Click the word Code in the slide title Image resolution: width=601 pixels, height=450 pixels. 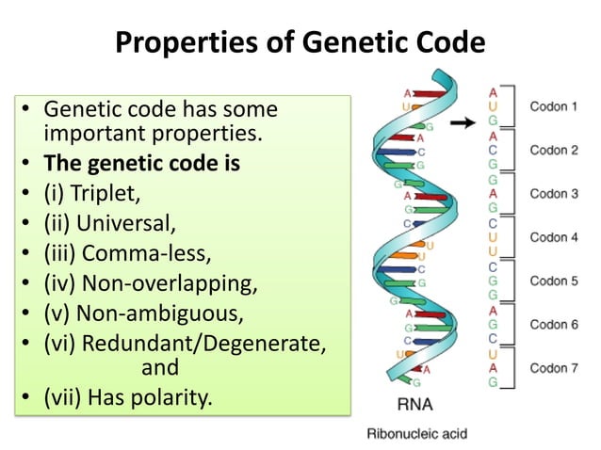[449, 42]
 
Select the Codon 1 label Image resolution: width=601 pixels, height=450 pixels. [554, 106]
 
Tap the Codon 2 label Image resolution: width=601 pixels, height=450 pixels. [554, 150]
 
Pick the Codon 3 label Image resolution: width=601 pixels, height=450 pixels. [554, 194]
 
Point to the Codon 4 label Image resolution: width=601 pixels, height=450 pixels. [554, 237]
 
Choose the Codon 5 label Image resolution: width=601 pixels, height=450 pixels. [554, 281]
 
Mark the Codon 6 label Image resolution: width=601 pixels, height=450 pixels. [554, 324]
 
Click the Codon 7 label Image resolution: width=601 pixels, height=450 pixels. [554, 367]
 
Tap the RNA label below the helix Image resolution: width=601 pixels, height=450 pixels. [412, 409]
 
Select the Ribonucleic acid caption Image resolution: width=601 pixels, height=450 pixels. [415, 434]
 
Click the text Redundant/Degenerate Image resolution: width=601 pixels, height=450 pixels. [204, 343]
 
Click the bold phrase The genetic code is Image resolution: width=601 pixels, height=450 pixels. [141, 164]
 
